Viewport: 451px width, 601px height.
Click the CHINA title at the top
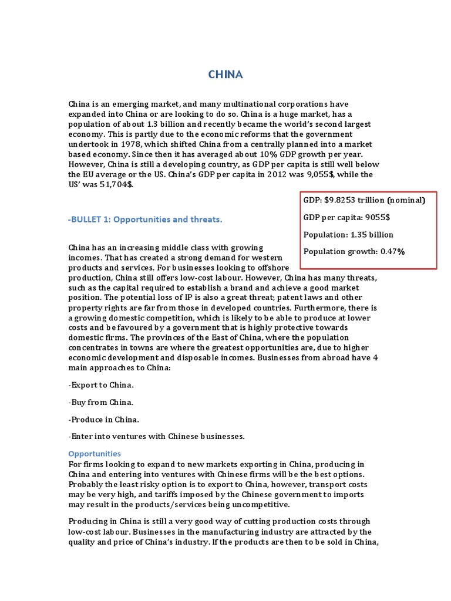coord(226,75)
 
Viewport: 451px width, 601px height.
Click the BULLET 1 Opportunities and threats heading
coord(145,220)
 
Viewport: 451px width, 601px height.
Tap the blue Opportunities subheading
coord(95,454)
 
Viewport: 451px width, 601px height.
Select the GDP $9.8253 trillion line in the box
coord(364,200)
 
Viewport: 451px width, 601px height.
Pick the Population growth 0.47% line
coord(354,252)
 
